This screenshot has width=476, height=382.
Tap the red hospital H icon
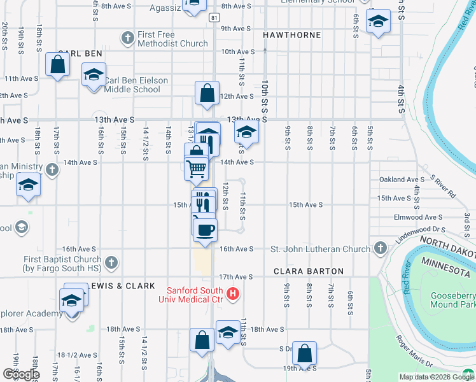pos(233,294)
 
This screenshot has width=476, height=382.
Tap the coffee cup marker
pos(205,229)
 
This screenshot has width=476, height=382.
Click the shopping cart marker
pos(197,169)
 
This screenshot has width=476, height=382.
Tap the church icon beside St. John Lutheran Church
pos(381,248)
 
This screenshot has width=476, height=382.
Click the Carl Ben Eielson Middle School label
pos(132,85)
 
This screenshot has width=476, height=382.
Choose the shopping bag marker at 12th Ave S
pos(207,94)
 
